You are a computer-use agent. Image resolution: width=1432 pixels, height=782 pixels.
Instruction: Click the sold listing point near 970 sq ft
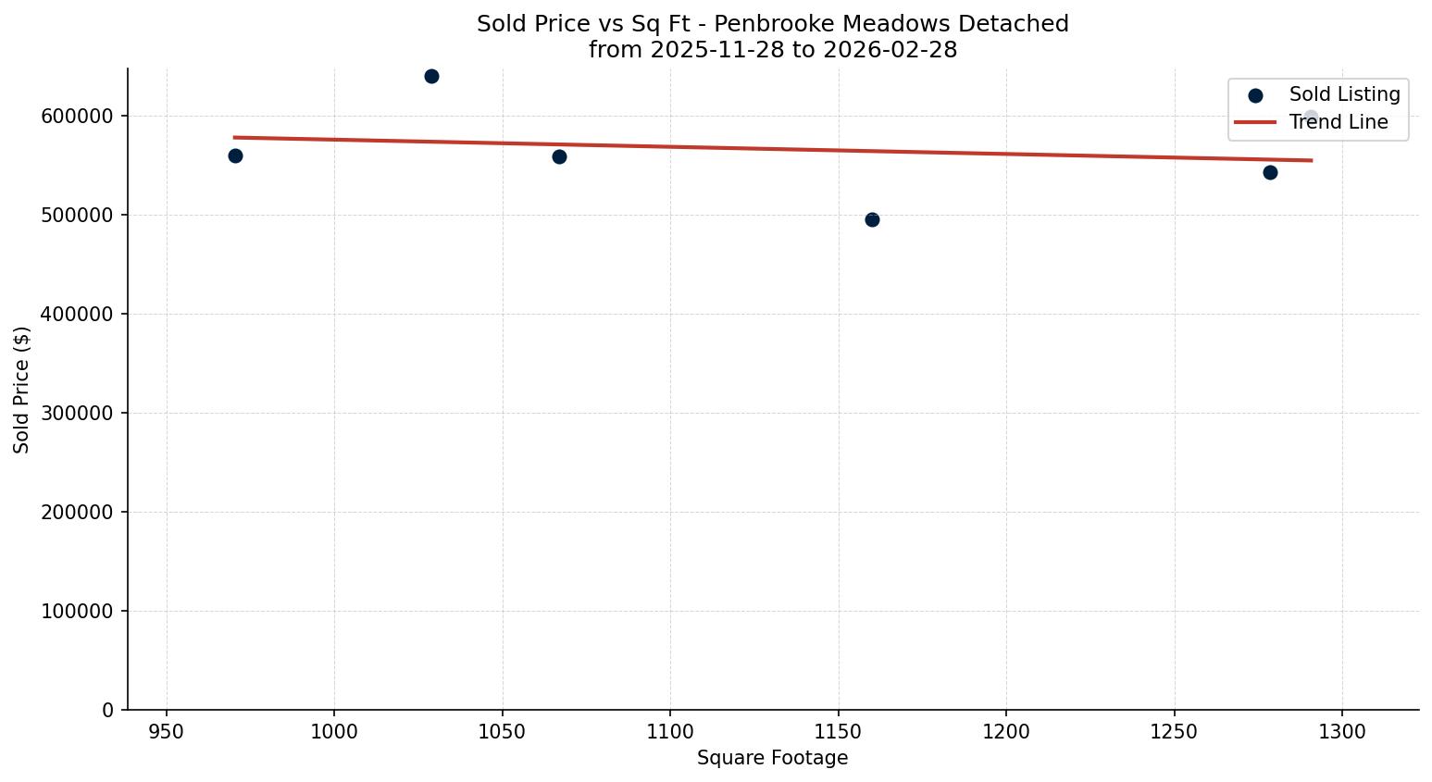pos(235,155)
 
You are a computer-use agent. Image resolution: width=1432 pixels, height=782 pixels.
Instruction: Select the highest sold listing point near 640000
pos(431,76)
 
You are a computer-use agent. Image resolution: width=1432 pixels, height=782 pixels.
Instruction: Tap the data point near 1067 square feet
pos(559,156)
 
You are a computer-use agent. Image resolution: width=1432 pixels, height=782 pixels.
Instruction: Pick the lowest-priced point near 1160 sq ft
pos(872,219)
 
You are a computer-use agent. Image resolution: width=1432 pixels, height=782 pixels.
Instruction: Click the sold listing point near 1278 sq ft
pos(1270,172)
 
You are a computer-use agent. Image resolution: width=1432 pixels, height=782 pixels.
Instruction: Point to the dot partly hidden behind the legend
pos(1311,118)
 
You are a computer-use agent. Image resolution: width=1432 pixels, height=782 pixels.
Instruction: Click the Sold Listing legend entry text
pos(1344,94)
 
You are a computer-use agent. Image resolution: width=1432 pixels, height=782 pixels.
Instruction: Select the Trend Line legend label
pos(1338,122)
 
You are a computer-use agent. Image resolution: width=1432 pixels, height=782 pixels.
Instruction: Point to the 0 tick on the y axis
pos(108,711)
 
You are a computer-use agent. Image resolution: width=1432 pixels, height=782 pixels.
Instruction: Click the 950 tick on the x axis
pos(167,732)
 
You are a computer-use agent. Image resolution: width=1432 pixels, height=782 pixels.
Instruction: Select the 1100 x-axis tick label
pos(670,732)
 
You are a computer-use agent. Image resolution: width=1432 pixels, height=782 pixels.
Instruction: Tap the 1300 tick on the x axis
pos(1342,732)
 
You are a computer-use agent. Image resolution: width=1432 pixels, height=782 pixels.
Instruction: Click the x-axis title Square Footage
pos(772,759)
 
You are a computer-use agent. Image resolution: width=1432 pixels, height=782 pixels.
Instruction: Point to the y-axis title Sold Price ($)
pos(22,390)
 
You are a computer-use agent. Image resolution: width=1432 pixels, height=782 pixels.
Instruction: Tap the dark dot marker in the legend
pos(1255,95)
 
